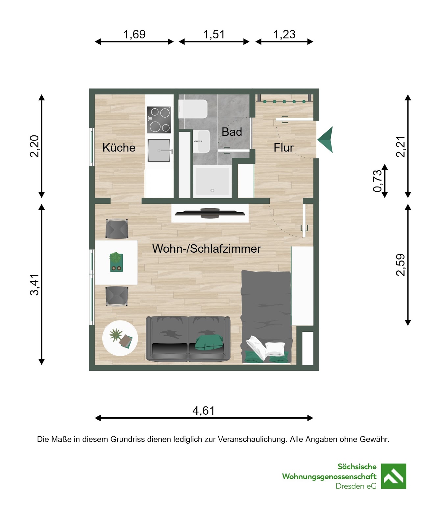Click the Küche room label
[x=119, y=148]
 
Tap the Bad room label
[x=232, y=132]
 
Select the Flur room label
[x=284, y=148]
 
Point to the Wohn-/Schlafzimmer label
[x=207, y=249]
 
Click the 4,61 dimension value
[x=204, y=411]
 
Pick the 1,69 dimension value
[x=134, y=34]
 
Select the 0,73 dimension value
[x=378, y=181]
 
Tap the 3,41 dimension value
[x=35, y=285]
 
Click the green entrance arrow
[x=325, y=140]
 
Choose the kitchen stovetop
[x=159, y=120]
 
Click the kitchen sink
[x=159, y=151]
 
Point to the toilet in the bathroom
[x=193, y=109]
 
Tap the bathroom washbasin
[x=201, y=141]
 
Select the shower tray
[x=212, y=181]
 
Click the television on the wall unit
[x=210, y=213]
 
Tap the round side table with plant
[x=120, y=338]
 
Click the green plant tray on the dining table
[x=116, y=262]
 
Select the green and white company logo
[x=393, y=476]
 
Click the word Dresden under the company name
[x=350, y=486]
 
